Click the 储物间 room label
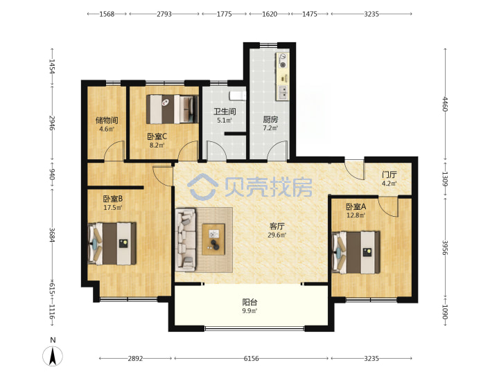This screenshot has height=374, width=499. coord(107,121)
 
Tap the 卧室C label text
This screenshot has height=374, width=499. coord(157,136)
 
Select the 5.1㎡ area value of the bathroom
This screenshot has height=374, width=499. coord(225,121)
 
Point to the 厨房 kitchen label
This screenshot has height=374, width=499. coord(270,120)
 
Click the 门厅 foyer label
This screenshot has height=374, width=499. coord(389,175)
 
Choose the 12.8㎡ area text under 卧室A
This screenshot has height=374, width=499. coord(356,215)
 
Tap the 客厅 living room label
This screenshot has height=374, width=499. coord(277,226)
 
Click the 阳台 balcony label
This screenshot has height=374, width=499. coord(249,302)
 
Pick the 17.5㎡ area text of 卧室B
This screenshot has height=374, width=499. coord(113,208)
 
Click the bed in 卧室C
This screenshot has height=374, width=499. coord(172,109)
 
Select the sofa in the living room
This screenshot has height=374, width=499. coord(186,240)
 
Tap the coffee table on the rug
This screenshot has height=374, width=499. coord(213,239)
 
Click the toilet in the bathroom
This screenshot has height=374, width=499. coord(238,95)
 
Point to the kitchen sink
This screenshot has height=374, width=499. coord(283,92)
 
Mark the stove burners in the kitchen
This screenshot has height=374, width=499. coord(282,61)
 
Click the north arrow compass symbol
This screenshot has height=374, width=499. coord(53,356)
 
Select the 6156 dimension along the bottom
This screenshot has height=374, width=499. coord(251,359)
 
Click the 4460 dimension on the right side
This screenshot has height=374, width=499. coord(445,104)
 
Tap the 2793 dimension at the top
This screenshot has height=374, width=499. coord(164,14)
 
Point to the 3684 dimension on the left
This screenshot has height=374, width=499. coord(52,235)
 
